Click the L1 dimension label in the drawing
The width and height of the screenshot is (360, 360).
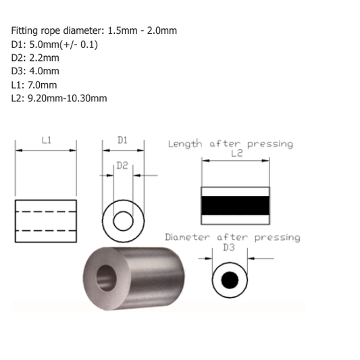(47, 140)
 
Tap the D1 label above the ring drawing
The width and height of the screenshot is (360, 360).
(122, 140)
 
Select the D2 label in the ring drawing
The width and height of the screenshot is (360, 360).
(122, 165)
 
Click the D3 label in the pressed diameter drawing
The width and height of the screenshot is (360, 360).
(230, 249)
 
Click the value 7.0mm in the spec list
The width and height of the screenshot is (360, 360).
(41, 84)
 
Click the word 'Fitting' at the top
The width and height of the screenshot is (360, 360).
(25, 31)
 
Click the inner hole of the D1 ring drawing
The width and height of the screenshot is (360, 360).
(123, 221)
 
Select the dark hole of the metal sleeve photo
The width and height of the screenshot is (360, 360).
(107, 276)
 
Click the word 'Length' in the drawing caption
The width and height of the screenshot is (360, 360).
(185, 144)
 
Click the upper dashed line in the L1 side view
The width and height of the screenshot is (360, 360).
(45, 211)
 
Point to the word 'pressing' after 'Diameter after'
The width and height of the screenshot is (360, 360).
(276, 238)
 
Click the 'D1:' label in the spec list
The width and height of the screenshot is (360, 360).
(18, 45)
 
